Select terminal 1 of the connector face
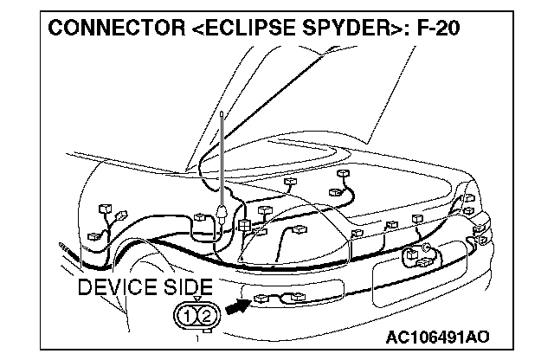tap(189, 314)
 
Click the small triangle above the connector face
tap(196, 299)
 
